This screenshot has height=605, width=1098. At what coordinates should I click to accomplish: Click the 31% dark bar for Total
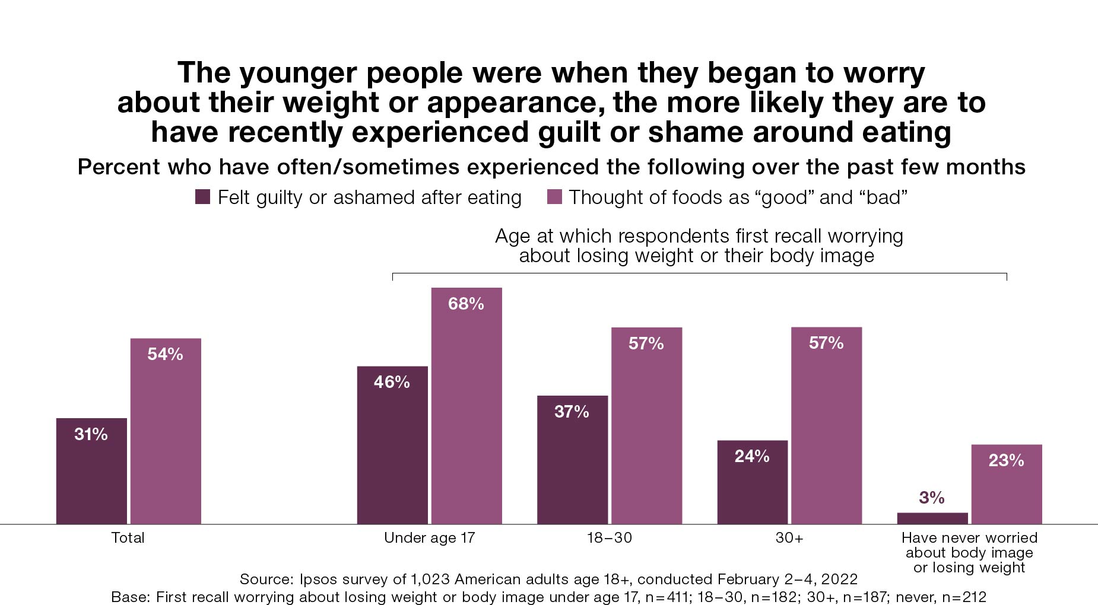point(91,471)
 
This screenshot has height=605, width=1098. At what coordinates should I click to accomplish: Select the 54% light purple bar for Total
point(166,431)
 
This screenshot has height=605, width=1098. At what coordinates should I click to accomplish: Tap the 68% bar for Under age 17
point(466,406)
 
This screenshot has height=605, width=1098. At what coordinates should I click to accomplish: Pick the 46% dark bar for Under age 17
point(392,445)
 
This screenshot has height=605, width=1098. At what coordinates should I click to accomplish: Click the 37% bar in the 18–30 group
point(572,460)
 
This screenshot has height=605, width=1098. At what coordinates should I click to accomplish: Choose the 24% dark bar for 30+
point(752,482)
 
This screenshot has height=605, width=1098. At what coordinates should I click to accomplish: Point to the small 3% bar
point(932,518)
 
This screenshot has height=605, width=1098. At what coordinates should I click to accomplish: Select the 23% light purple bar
point(1006,484)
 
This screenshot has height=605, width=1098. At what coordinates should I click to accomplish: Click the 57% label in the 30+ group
point(826,343)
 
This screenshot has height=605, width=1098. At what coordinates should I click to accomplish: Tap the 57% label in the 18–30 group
point(646,343)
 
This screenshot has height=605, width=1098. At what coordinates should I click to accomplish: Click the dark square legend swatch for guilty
point(202,197)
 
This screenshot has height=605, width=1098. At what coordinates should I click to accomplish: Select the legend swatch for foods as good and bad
point(554,197)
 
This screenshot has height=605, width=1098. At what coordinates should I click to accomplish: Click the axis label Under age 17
point(429,538)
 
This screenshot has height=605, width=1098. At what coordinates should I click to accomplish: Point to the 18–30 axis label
point(610,538)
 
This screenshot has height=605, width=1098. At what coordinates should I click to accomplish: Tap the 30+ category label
point(789,538)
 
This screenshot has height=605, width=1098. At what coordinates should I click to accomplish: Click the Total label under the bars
point(128,538)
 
